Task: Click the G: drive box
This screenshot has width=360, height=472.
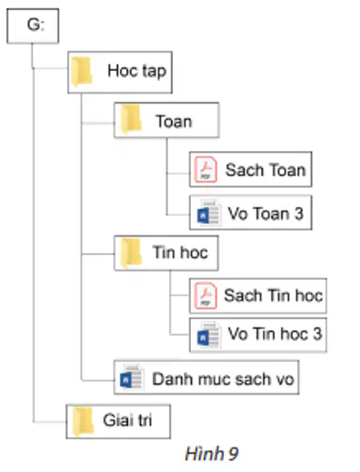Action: pyautogui.click(x=33, y=26)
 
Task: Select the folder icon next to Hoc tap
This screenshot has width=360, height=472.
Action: pyautogui.click(x=82, y=72)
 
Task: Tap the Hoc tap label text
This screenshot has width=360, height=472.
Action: pyautogui.click(x=137, y=71)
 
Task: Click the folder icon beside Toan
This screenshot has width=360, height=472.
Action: pyautogui.click(x=130, y=119)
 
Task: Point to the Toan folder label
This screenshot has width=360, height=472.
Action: pyautogui.click(x=174, y=121)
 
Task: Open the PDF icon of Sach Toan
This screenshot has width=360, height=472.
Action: pyautogui.click(x=205, y=170)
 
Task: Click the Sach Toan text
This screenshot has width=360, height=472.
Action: pyautogui.click(x=265, y=170)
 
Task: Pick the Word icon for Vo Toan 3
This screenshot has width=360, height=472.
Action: pyautogui.click(x=208, y=213)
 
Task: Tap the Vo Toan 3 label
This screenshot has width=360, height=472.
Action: pyautogui.click(x=265, y=213)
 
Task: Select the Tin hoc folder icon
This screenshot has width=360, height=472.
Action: pyautogui.click(x=130, y=253)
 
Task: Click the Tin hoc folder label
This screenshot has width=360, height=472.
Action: pyautogui.click(x=180, y=252)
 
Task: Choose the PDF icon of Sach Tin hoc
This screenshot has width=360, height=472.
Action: pyautogui.click(x=205, y=296)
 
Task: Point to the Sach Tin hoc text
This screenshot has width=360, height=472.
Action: pyautogui.click(x=273, y=295)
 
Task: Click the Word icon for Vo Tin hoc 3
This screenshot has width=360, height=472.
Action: pyautogui.click(x=208, y=335)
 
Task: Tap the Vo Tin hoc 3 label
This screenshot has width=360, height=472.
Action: pyautogui.click(x=275, y=334)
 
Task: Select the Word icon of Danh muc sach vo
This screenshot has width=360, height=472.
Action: pyautogui.click(x=131, y=377)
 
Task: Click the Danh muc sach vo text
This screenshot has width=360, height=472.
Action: pyautogui.click(x=223, y=379)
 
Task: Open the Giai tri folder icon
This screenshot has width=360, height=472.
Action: pyautogui.click(x=83, y=421)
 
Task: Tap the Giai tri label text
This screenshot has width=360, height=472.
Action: pyautogui.click(x=128, y=420)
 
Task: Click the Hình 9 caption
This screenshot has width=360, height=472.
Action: pyautogui.click(x=211, y=453)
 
